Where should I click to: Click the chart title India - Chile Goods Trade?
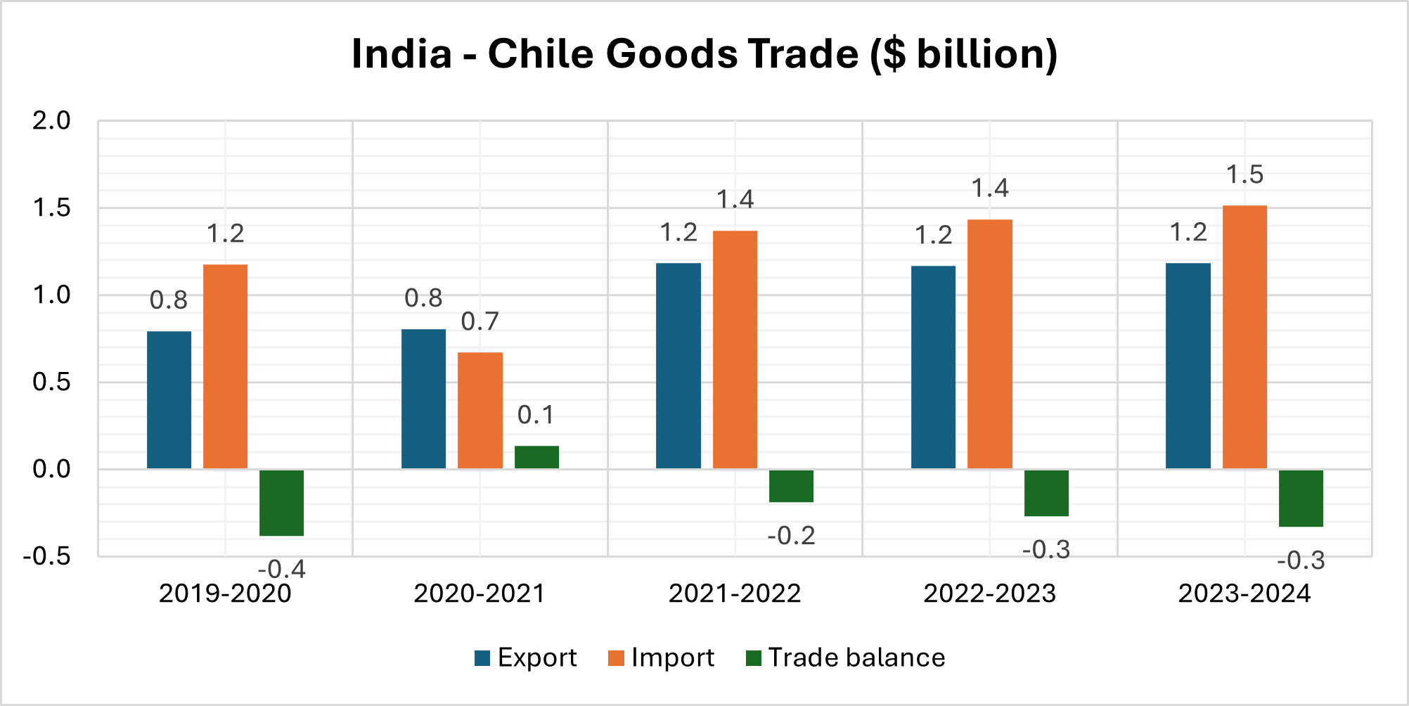click(704, 54)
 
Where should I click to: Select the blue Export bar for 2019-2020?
click(169, 399)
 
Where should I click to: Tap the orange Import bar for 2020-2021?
click(480, 410)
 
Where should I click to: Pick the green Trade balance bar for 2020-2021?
click(536, 457)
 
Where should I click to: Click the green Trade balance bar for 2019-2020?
click(281, 503)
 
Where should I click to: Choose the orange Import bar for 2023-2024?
click(1244, 337)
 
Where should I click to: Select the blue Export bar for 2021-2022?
click(678, 366)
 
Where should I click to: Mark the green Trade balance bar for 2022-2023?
click(1046, 493)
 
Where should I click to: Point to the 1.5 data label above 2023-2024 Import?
click(1244, 174)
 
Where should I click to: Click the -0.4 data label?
click(281, 569)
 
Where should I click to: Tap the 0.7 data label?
click(480, 321)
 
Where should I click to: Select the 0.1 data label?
click(536, 415)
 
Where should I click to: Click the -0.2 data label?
click(791, 536)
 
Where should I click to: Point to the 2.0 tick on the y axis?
click(51, 121)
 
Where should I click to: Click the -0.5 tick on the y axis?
click(47, 556)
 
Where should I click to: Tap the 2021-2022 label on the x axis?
click(735, 593)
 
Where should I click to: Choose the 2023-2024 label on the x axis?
click(1244, 593)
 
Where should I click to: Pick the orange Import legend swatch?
click(616, 658)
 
